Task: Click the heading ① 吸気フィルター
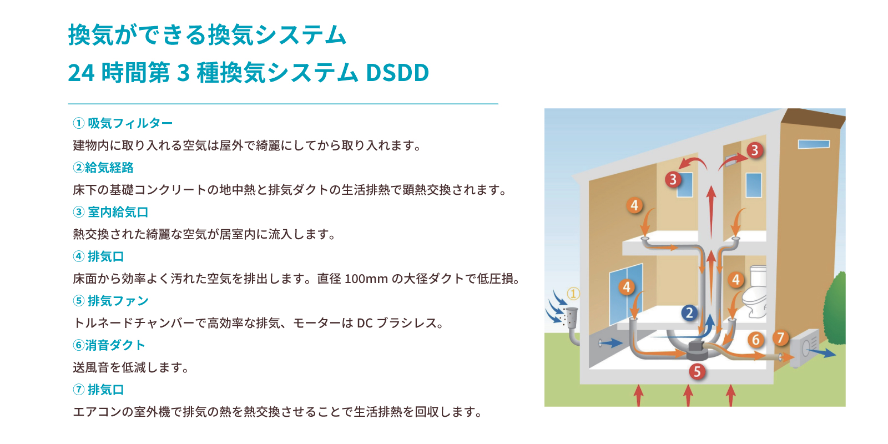pyautogui.click(x=123, y=123)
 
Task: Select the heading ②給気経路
pyautogui.click(x=103, y=168)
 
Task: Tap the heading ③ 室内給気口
pyautogui.click(x=110, y=212)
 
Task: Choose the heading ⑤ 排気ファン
pyautogui.click(x=110, y=301)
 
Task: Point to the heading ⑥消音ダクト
pyautogui.click(x=109, y=345)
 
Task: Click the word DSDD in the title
pyautogui.click(x=397, y=73)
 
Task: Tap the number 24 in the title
pyautogui.click(x=81, y=73)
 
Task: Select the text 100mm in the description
pyautogui.click(x=366, y=279)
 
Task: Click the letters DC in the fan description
pyautogui.click(x=365, y=324)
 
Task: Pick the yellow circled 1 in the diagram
pyautogui.click(x=573, y=294)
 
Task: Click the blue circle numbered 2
pyautogui.click(x=689, y=313)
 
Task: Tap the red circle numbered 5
pyautogui.click(x=697, y=371)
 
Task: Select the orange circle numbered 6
pyautogui.click(x=755, y=340)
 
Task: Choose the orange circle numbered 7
pyautogui.click(x=780, y=338)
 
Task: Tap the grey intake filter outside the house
pyautogui.click(x=571, y=317)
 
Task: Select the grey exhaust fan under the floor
pyautogui.click(x=699, y=350)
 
